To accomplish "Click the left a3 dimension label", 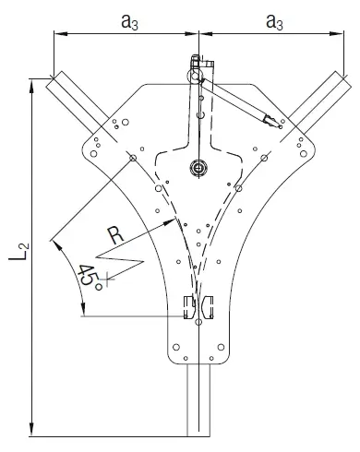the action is pyautogui.click(x=129, y=22).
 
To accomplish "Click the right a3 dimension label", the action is pyautogui.click(x=274, y=22).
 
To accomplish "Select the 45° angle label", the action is pyautogui.click(x=90, y=277).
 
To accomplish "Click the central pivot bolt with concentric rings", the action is pyautogui.click(x=198, y=168).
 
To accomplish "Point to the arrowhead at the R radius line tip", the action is pyautogui.click(x=170, y=222).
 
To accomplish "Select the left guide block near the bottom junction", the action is pyautogui.click(x=189, y=307).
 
